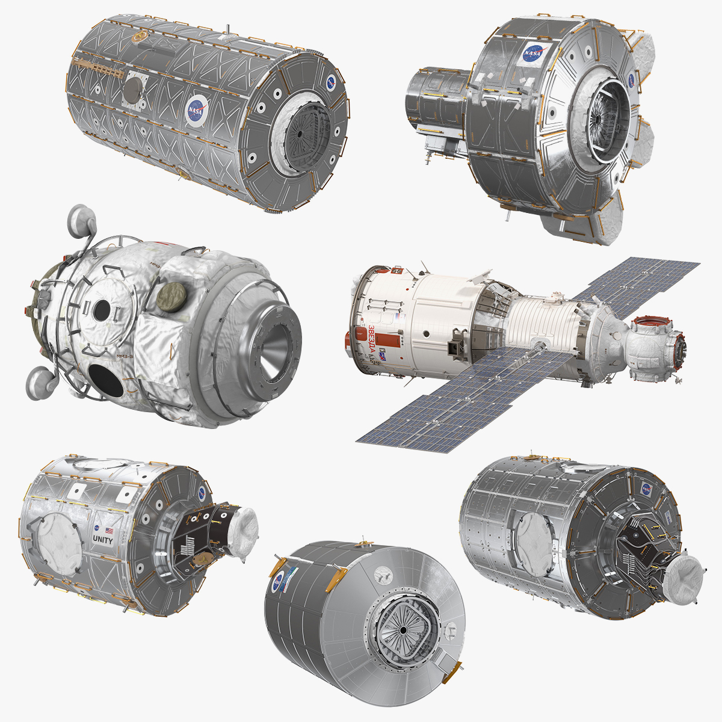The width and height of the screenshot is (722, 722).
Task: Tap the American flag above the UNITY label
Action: [110, 531]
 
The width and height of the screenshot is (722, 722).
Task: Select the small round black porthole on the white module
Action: [101, 310]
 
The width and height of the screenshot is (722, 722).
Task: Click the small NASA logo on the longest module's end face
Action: [332, 82]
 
